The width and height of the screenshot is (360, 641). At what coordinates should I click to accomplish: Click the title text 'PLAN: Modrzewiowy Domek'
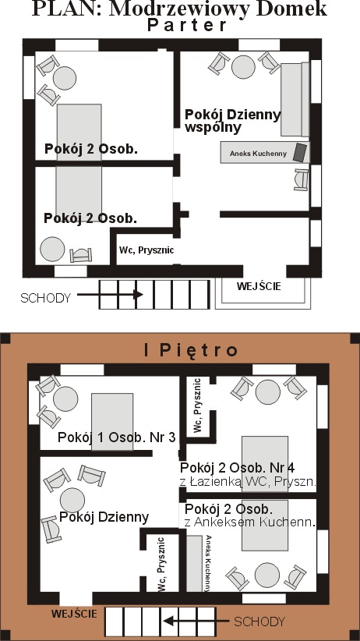[179, 9]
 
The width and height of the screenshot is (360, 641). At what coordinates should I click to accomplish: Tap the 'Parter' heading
[186, 26]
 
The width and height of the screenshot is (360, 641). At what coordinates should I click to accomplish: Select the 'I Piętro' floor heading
[191, 350]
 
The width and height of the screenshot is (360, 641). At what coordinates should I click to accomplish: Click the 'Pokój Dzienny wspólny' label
[232, 121]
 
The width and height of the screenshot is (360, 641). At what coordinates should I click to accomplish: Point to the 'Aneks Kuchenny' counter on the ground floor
[265, 153]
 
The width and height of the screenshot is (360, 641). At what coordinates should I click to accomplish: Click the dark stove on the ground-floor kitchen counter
[300, 152]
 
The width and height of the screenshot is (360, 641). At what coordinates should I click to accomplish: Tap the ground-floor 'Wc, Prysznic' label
[146, 250]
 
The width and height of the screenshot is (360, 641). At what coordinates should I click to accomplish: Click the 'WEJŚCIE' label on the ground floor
[259, 286]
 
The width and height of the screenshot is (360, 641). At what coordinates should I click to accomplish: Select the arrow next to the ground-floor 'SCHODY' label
[110, 294]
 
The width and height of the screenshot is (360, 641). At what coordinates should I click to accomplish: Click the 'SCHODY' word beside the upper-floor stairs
[259, 622]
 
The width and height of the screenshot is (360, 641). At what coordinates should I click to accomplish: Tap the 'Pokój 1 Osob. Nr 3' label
[116, 437]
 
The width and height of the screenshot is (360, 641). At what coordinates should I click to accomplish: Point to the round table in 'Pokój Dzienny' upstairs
[72, 500]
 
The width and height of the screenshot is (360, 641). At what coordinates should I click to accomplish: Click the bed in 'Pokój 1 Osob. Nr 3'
[112, 421]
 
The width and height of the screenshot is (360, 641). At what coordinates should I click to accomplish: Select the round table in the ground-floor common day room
[243, 67]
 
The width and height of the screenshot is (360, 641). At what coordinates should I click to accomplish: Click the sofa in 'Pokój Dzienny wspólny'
[295, 99]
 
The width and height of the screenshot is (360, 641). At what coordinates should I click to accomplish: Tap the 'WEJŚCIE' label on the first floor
[74, 614]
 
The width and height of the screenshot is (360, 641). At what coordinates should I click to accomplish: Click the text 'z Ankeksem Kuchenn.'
[250, 522]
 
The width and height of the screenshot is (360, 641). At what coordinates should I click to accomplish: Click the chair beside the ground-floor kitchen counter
[301, 179]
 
